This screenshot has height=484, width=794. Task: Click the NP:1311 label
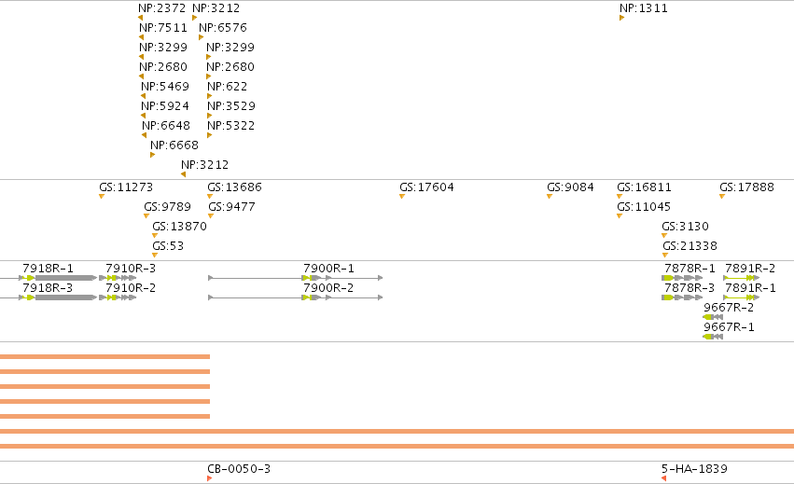click(x=644, y=8)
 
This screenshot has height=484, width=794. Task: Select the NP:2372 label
click(x=162, y=8)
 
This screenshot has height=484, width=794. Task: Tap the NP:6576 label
click(x=223, y=28)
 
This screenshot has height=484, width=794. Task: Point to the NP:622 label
click(x=228, y=87)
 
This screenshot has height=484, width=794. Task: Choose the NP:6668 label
click(x=174, y=145)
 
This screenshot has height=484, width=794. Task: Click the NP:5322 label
click(x=230, y=126)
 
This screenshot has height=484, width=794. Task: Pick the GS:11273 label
click(x=126, y=187)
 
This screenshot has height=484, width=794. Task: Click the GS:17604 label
click(x=427, y=187)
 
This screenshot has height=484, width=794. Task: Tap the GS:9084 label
click(x=570, y=187)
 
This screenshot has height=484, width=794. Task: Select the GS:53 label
click(x=168, y=246)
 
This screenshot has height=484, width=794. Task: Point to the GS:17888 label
click(x=747, y=187)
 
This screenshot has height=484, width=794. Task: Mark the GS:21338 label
click(x=690, y=246)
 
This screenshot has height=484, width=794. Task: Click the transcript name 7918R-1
click(x=49, y=269)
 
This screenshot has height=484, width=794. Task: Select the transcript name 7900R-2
click(x=328, y=288)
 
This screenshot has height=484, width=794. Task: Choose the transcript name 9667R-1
click(x=730, y=327)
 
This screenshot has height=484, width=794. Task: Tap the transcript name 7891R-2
click(x=750, y=269)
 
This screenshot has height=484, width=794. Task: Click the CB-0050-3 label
click(x=239, y=469)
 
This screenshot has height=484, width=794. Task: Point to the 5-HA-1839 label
click(x=695, y=469)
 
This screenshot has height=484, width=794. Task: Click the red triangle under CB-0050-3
click(x=210, y=478)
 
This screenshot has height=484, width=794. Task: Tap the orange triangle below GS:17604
click(x=402, y=197)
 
